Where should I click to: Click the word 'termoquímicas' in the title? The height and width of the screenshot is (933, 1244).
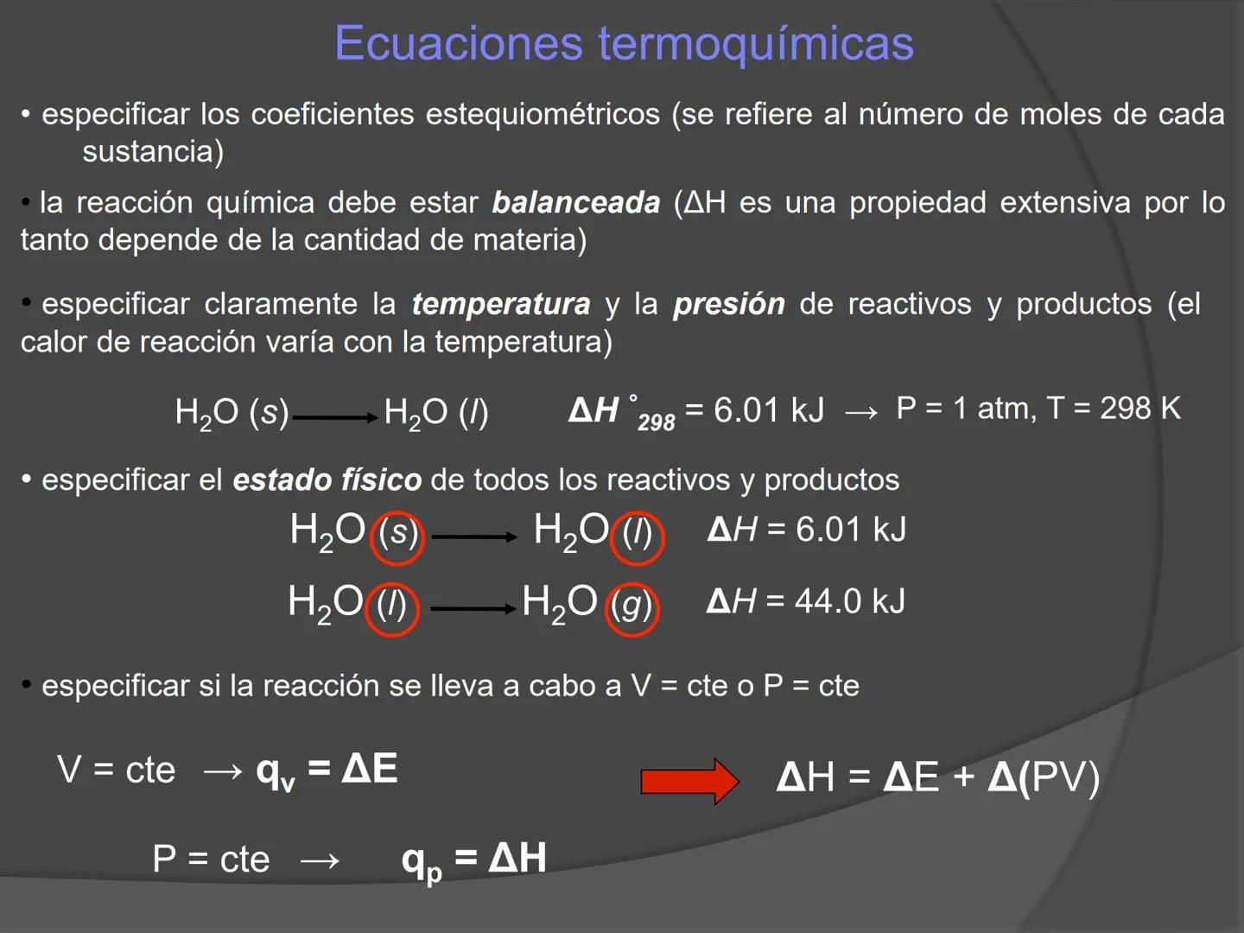[756, 44]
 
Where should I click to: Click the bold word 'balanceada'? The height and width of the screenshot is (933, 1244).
[575, 203]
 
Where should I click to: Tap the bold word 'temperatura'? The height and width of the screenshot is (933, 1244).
[501, 304]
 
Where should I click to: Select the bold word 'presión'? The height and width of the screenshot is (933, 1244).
[729, 304]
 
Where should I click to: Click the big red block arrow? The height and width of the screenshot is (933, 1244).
[689, 781]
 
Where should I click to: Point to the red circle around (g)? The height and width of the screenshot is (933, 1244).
[632, 607]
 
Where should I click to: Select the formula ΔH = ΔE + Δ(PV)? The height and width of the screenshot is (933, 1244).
[937, 777]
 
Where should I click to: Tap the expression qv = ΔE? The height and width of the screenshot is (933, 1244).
[327, 770]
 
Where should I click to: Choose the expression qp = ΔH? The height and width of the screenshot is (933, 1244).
[474, 860]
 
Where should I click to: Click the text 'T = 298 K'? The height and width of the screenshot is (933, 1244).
[1114, 408]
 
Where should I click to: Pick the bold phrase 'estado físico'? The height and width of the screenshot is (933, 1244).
[327, 479]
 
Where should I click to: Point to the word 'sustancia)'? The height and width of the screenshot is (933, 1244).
[153, 152]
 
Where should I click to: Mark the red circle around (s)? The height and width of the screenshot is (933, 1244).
[397, 536]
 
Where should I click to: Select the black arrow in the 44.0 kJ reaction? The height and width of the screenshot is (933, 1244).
[473, 608]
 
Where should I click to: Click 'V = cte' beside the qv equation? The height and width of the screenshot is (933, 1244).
[116, 770]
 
